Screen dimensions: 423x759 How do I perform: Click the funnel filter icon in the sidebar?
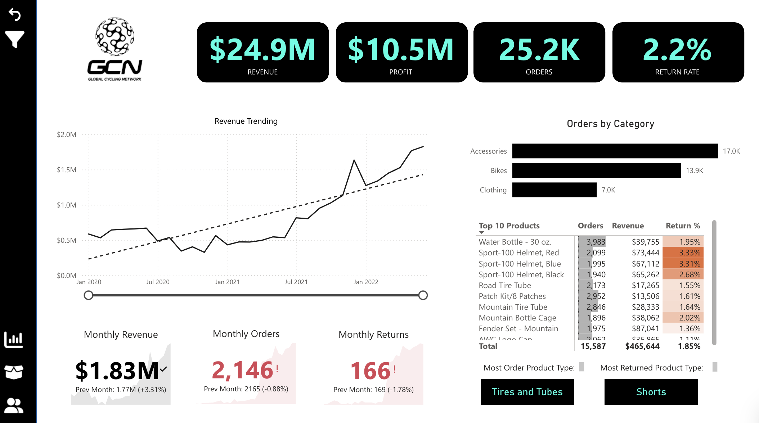point(15,39)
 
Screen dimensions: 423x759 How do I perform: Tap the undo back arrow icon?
point(15,14)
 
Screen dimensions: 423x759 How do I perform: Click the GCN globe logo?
point(114,36)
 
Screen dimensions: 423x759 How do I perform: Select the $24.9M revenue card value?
point(262,50)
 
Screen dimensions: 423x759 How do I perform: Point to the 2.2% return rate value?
point(677,50)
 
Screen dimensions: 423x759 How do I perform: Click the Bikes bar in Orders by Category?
point(596,170)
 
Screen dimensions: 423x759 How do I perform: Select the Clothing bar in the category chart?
point(554,190)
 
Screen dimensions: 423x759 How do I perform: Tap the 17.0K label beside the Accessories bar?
point(731,151)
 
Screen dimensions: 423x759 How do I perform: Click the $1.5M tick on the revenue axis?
point(67,170)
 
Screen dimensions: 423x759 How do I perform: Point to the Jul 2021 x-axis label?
point(296,282)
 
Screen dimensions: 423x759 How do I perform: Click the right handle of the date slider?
point(423,295)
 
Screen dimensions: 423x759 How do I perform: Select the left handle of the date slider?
point(88,295)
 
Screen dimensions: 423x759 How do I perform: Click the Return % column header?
point(683,226)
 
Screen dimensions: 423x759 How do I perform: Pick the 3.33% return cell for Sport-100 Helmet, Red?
point(683,253)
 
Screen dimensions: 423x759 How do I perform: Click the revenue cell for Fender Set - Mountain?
point(645,329)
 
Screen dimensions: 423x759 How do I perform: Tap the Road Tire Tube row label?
point(505,286)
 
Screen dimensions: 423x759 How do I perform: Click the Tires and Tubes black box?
point(527,392)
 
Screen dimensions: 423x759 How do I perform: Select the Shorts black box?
point(651,392)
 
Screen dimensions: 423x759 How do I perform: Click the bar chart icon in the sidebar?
point(14,340)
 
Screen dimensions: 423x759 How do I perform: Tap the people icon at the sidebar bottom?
point(14,406)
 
